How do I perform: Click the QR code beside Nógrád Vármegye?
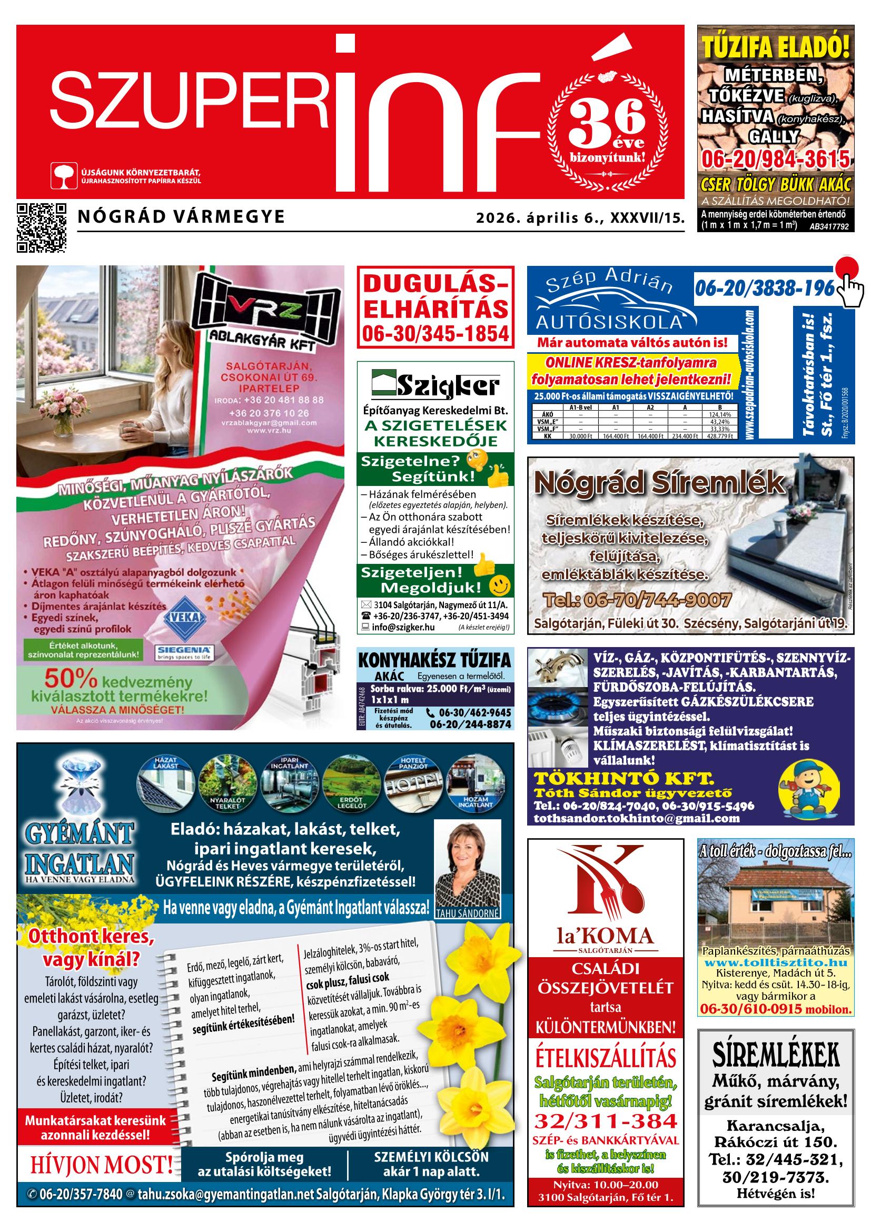42,227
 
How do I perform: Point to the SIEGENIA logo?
185,652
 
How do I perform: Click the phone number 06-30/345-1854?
435,333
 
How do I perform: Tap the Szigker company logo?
435,385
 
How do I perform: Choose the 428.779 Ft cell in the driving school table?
719,437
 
